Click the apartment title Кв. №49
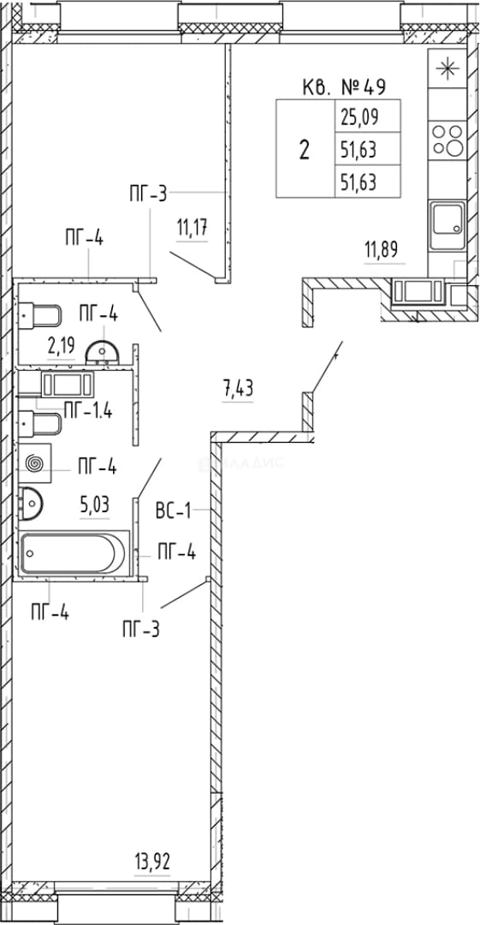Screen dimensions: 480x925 coord(344,88)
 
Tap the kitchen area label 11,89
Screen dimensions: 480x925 coord(382,249)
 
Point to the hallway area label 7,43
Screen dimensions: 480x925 coord(238,390)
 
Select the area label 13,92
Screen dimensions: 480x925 coord(152,863)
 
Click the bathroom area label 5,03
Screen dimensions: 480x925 coord(94,505)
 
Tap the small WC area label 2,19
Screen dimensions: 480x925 coord(61,344)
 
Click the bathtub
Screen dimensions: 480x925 coord(74,552)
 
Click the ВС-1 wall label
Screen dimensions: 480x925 coord(174,510)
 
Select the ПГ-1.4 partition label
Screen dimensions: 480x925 coord(88,410)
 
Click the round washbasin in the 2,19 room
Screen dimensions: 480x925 coord(103,353)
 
